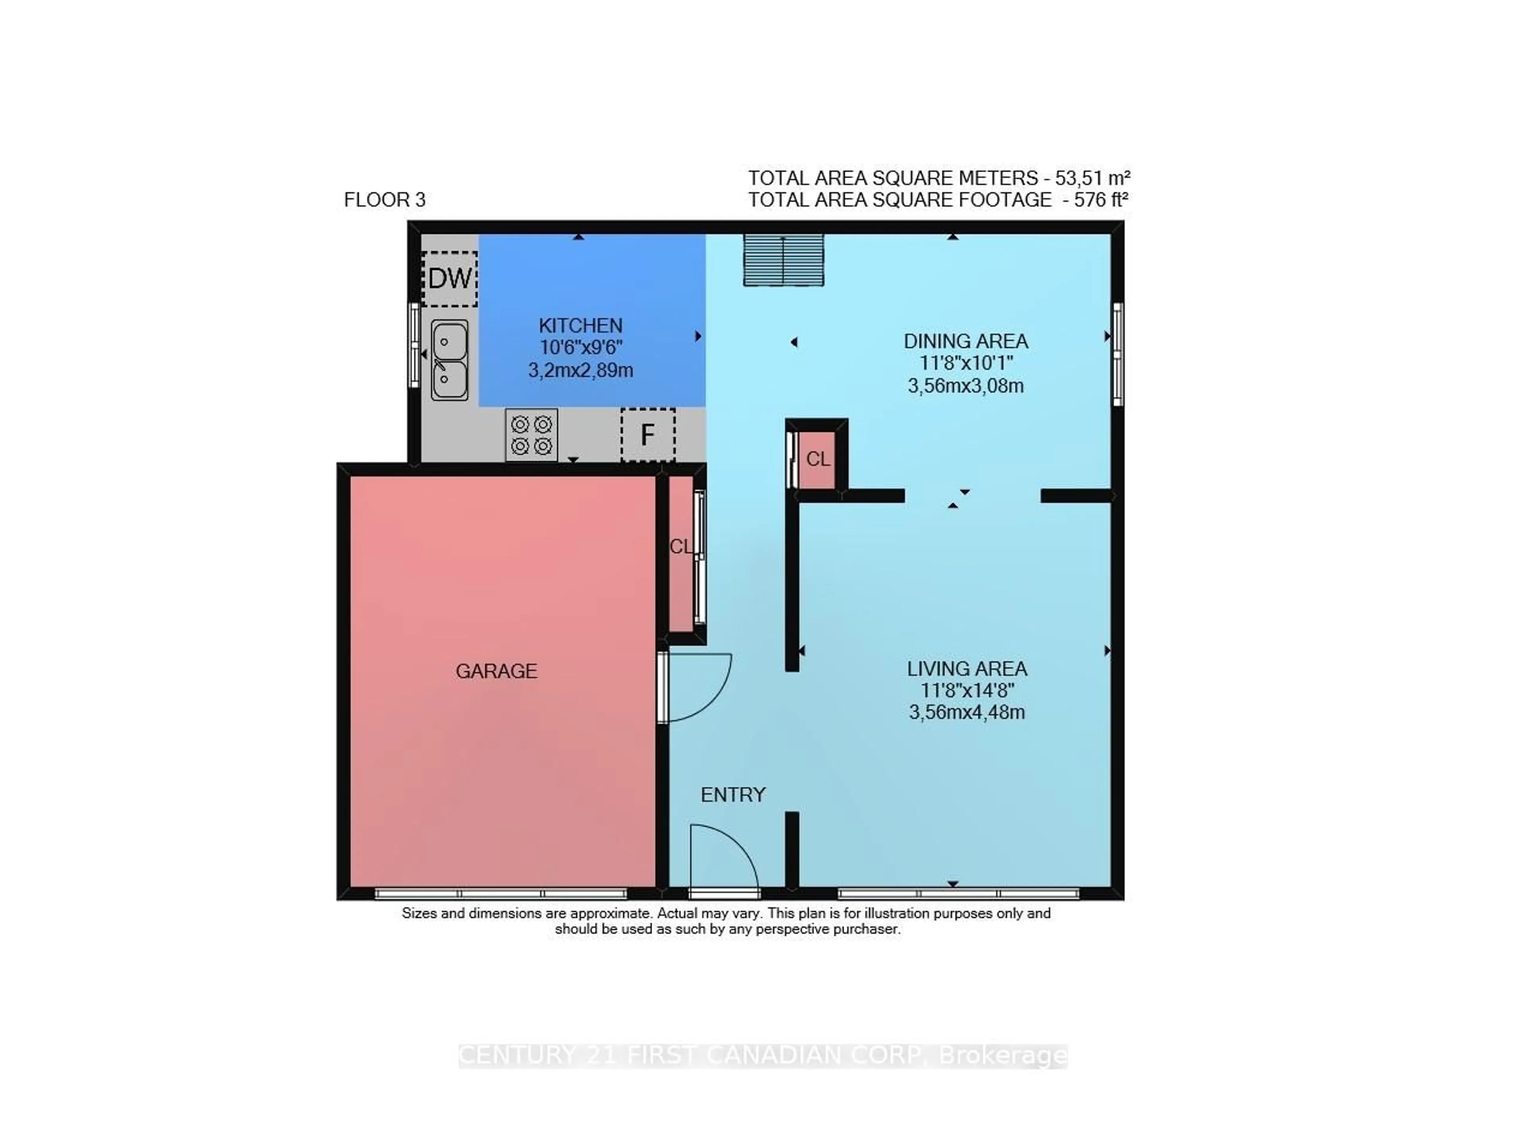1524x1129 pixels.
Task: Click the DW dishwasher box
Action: [x=449, y=278]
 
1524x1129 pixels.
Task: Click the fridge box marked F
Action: [x=647, y=435]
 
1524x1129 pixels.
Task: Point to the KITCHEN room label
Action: [x=580, y=325]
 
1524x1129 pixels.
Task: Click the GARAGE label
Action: [x=496, y=671]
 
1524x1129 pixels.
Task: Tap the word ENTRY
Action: [x=733, y=794]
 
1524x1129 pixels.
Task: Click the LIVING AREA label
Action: [x=966, y=668]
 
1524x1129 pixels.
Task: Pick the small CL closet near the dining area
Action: [x=817, y=459]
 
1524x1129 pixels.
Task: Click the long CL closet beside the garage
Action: [x=681, y=554]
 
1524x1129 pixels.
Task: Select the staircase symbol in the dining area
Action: [x=783, y=259]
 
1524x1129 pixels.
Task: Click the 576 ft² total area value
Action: [x=1100, y=200]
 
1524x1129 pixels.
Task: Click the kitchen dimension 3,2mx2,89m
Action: [x=580, y=370]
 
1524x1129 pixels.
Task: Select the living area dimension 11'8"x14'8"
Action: [x=966, y=690]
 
